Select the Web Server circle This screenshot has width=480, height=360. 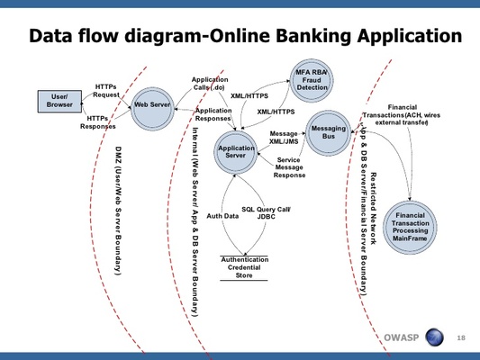tap(151, 105)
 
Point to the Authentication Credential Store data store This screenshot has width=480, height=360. tap(245, 268)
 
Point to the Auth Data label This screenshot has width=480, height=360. tap(222, 216)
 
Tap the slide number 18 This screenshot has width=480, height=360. tap(462, 337)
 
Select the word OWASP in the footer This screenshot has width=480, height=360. tap(402, 338)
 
